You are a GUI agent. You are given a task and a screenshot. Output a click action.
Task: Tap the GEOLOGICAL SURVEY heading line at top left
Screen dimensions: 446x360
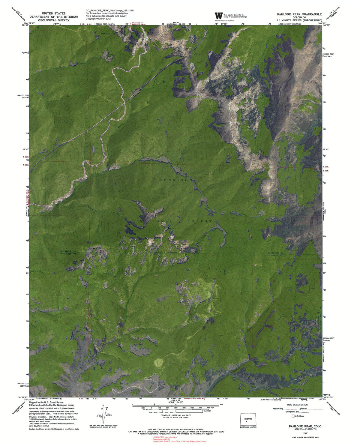click(x=54, y=20)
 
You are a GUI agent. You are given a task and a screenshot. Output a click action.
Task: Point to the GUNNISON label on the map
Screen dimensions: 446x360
click(x=175, y=180)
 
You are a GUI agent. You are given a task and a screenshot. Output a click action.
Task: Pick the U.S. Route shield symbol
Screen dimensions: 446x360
click(x=293, y=416)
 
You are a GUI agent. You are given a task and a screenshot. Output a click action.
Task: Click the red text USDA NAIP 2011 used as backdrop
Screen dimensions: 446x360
click(x=164, y=437)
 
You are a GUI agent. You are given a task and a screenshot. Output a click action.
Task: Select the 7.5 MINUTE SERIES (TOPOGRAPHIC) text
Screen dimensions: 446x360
click(x=295, y=20)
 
